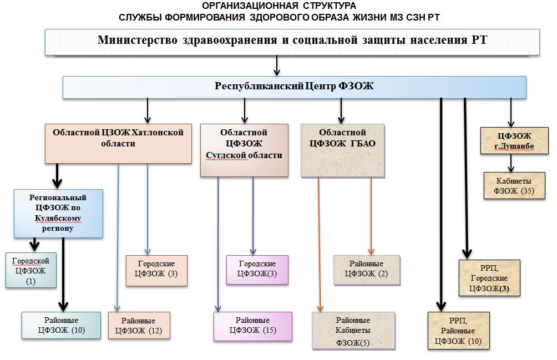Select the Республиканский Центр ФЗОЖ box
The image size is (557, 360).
[x=294, y=87]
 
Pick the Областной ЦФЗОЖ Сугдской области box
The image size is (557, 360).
[x=244, y=149]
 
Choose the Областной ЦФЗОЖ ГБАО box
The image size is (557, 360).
[x=343, y=150]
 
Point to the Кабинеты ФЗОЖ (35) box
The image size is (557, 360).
[x=515, y=185]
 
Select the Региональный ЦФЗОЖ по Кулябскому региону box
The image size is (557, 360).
[x=58, y=212]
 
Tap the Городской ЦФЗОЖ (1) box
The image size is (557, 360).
[x=31, y=270]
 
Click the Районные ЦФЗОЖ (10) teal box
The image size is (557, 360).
[x=61, y=325]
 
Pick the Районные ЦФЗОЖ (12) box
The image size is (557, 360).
[x=139, y=326]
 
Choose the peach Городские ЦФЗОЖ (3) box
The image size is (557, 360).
[x=157, y=270]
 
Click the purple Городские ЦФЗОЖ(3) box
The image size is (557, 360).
[x=257, y=269]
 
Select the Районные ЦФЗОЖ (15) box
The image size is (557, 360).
[x=252, y=326]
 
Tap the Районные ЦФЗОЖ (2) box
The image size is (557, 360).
[x=366, y=270]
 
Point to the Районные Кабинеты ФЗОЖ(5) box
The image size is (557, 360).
[x=353, y=331]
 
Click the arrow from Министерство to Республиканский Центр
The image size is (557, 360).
[x=276, y=65]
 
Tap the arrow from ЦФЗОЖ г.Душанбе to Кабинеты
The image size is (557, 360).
[x=512, y=163]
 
